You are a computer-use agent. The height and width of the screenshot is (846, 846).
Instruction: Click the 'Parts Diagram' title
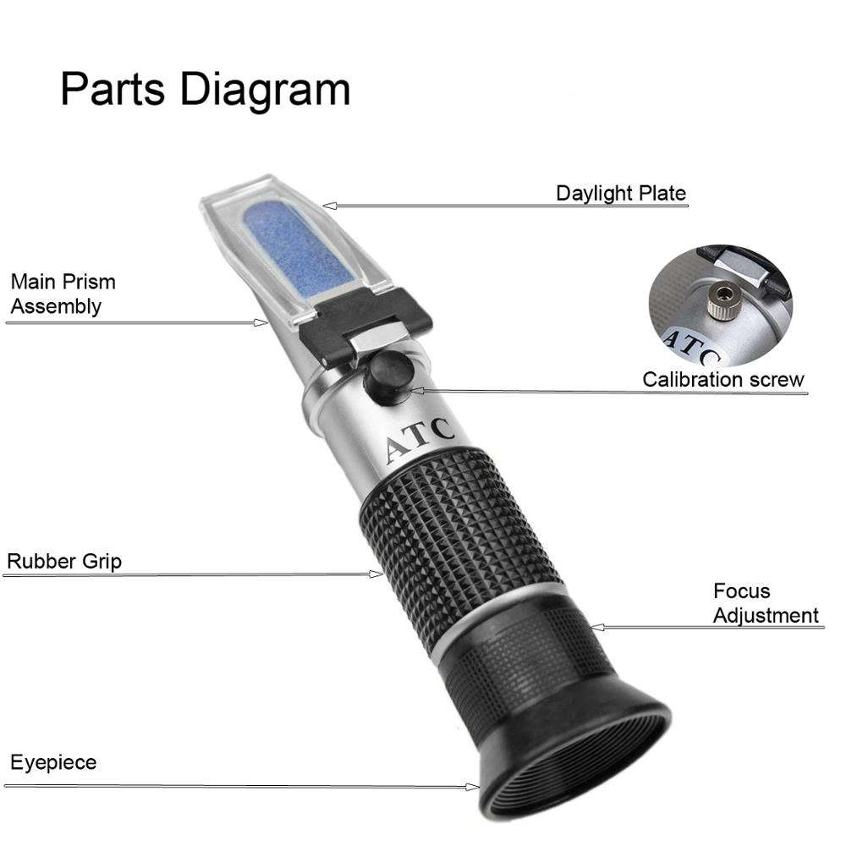[x=205, y=89]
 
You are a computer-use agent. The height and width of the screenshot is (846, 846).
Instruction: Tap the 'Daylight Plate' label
[x=620, y=193]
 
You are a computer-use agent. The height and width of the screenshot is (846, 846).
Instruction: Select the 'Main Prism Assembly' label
[x=63, y=294]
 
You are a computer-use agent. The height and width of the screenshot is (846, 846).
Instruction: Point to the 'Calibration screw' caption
[x=723, y=379]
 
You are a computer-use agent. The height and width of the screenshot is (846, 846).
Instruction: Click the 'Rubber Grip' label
[x=64, y=561]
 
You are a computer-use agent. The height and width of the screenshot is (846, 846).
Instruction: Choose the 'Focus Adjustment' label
[x=766, y=603]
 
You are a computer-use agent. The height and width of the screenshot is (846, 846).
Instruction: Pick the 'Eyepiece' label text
[x=53, y=762]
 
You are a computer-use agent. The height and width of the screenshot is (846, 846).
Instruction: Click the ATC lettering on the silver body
[x=420, y=440]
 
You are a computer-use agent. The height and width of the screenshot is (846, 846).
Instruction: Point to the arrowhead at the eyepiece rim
[x=472, y=787]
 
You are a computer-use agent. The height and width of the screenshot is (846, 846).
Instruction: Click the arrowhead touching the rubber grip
[x=377, y=574]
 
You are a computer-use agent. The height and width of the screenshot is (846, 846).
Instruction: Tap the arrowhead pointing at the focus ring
[x=596, y=627]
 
